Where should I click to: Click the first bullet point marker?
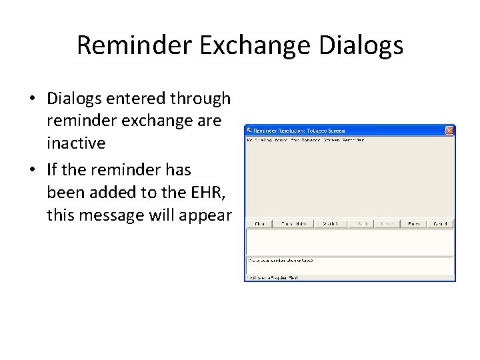pyautogui.click(x=32, y=99)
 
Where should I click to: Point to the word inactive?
pyautogui.click(x=76, y=143)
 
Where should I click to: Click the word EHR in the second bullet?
pyautogui.click(x=210, y=193)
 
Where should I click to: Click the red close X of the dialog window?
pyautogui.click(x=449, y=130)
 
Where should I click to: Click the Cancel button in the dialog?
pyautogui.click(x=441, y=224)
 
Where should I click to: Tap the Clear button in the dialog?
pyautogui.click(x=260, y=224)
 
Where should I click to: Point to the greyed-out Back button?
pyautogui.click(x=362, y=224)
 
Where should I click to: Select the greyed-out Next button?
pyautogui.click(x=387, y=224)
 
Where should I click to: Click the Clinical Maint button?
pyautogui.click(x=294, y=224)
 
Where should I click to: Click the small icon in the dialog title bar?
pyautogui.click(x=250, y=131)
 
